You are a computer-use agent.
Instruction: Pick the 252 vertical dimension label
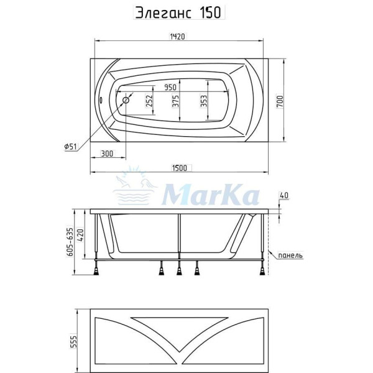click(x=149, y=101)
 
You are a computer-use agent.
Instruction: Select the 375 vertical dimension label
click(x=176, y=101)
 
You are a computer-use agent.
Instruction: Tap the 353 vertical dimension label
click(x=204, y=101)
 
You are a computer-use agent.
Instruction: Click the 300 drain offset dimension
click(x=106, y=154)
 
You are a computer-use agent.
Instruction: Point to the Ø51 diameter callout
click(x=70, y=147)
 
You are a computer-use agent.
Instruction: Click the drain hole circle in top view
click(x=126, y=99)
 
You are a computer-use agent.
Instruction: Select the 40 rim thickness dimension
click(x=284, y=196)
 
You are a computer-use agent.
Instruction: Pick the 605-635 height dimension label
click(x=70, y=241)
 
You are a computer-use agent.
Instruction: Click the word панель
click(x=290, y=255)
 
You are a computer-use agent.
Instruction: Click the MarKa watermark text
click(x=210, y=196)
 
